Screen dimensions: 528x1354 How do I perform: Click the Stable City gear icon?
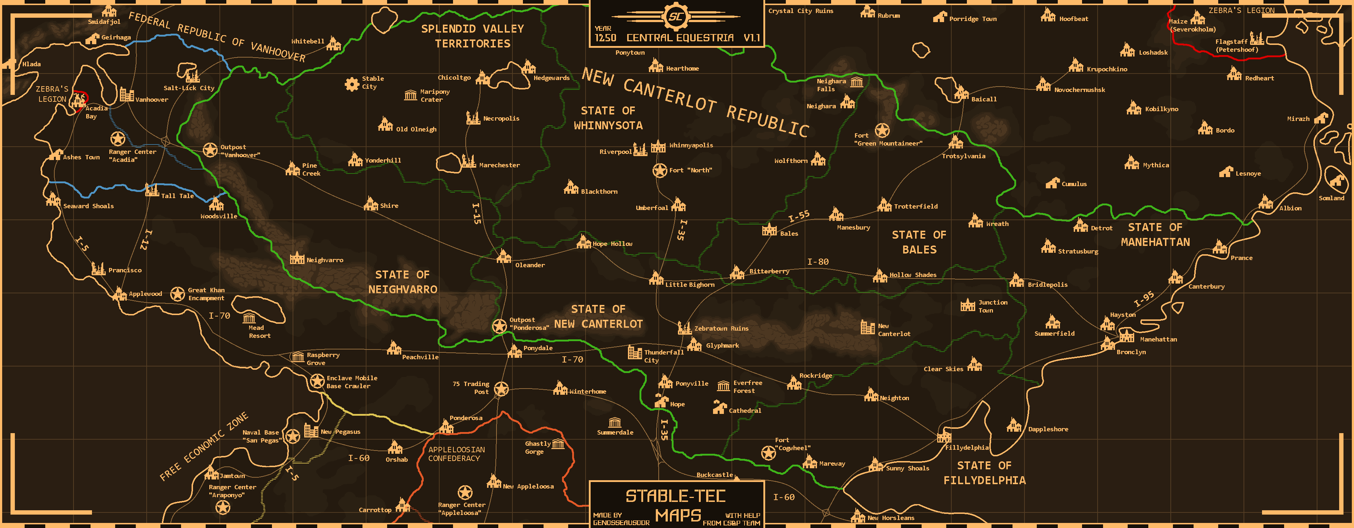click(x=352, y=84)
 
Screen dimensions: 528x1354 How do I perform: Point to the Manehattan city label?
click(x=1158, y=339)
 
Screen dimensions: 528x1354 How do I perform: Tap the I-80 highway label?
click(x=818, y=261)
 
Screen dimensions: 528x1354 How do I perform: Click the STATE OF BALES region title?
click(x=919, y=242)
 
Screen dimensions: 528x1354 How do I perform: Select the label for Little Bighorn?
click(x=689, y=285)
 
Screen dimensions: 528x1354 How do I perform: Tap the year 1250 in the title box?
click(x=605, y=38)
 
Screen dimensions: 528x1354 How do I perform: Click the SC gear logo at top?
click(x=675, y=17)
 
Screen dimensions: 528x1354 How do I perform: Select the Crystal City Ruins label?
click(x=801, y=11)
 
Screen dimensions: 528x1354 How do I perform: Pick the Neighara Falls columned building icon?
click(x=857, y=82)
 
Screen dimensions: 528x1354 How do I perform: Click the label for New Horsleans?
click(x=890, y=518)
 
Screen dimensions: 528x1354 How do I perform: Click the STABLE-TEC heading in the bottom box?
click(x=675, y=496)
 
